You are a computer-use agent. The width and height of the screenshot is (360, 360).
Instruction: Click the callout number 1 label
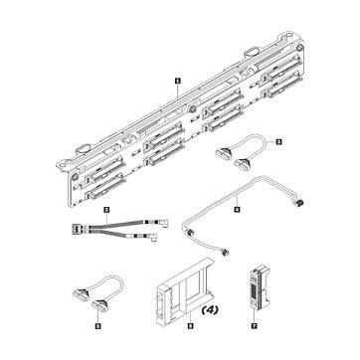(178, 81)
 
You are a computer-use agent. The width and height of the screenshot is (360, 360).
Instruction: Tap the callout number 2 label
(106, 210)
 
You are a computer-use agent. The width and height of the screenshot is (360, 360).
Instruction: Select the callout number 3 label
(278, 142)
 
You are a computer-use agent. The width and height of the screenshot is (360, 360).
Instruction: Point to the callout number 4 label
(237, 209)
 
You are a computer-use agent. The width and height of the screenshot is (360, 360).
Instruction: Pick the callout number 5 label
(97, 326)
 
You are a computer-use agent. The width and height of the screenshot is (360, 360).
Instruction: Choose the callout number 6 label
(190, 326)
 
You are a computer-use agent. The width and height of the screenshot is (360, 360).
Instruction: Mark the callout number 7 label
(255, 326)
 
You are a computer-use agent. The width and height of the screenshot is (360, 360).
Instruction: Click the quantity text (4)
(210, 310)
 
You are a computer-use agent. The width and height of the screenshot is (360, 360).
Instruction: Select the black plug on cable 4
(299, 202)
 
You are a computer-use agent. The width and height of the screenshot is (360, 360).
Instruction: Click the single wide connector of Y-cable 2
(76, 229)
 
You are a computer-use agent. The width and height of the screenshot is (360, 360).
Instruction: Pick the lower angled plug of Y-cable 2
(152, 237)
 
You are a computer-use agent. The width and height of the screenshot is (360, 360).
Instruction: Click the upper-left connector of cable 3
(223, 153)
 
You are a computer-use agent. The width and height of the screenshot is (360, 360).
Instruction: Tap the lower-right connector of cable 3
(241, 164)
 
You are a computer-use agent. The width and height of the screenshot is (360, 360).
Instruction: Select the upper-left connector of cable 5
(80, 292)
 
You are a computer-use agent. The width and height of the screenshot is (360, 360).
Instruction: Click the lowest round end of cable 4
(226, 253)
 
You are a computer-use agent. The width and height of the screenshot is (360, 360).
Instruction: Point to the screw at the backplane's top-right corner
(299, 48)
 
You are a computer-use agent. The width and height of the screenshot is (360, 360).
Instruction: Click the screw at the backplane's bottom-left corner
(76, 175)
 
